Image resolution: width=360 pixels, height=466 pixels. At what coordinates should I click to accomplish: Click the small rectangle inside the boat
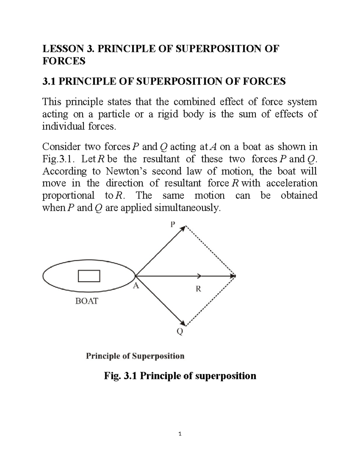click(89, 276)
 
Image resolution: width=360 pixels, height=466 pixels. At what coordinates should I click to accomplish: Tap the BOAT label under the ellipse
click(87, 301)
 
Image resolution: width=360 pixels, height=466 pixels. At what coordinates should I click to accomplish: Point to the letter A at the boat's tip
click(136, 286)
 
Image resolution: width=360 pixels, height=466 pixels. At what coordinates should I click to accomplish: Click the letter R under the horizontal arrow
click(198, 289)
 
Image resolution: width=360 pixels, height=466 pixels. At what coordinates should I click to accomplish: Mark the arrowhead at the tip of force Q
click(183, 323)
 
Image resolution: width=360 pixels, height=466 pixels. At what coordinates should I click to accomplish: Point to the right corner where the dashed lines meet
click(235, 276)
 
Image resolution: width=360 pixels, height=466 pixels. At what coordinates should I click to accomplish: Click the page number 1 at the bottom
click(180, 434)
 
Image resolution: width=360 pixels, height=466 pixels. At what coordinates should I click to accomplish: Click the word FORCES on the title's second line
click(64, 61)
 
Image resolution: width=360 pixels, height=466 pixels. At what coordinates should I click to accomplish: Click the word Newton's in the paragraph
click(127, 171)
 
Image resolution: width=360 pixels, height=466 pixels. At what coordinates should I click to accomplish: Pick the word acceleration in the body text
click(292, 183)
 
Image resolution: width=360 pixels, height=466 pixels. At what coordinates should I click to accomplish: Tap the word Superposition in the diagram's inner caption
click(158, 356)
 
